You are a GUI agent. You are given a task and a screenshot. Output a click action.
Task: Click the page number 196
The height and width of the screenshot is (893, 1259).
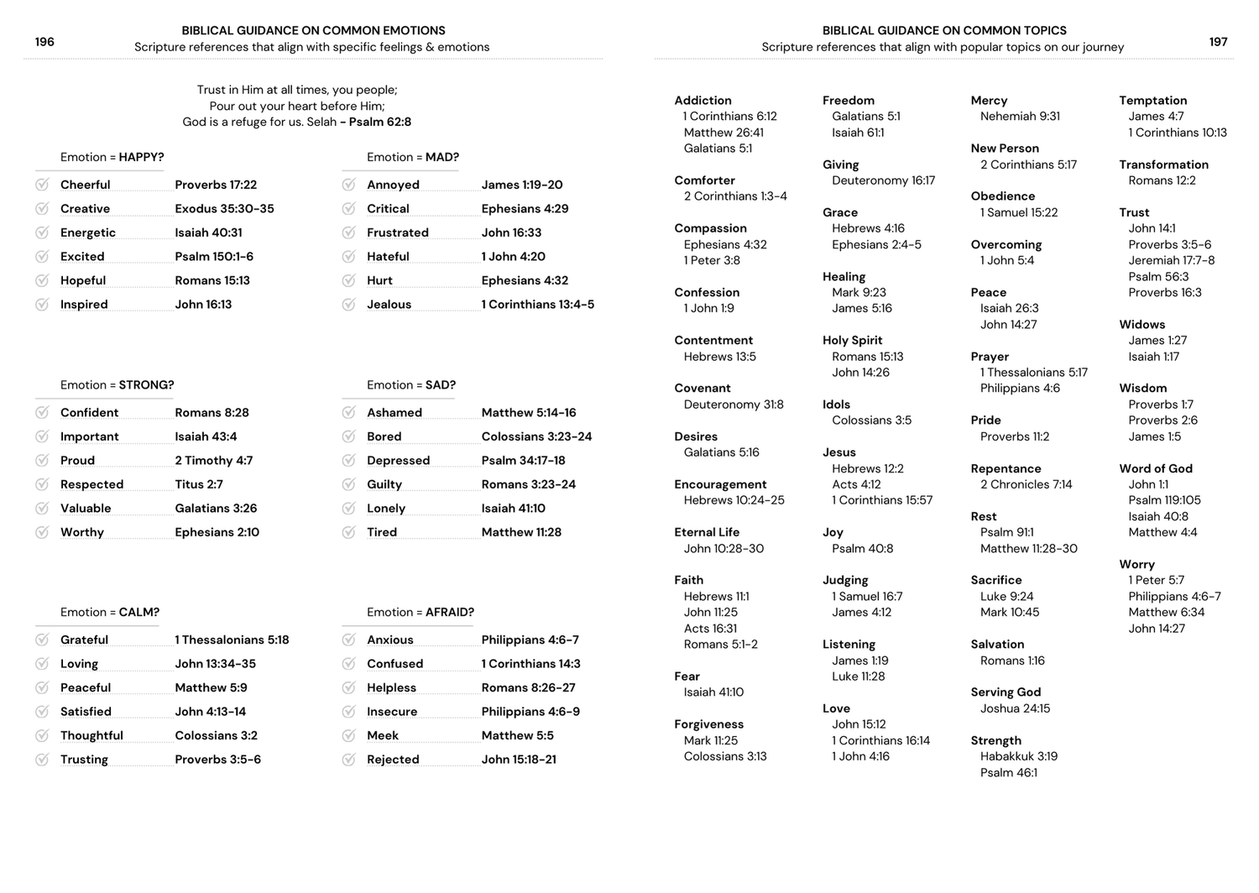pyautogui.click(x=44, y=42)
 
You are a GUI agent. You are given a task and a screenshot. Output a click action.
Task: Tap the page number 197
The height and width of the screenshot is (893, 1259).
pyautogui.click(x=1218, y=42)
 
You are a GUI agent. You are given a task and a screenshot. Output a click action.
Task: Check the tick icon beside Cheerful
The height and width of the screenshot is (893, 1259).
pyautogui.click(x=42, y=185)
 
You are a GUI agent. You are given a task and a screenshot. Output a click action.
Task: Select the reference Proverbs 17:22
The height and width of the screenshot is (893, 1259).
pyautogui.click(x=216, y=185)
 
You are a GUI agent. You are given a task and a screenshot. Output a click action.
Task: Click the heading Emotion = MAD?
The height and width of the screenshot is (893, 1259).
pyautogui.click(x=413, y=157)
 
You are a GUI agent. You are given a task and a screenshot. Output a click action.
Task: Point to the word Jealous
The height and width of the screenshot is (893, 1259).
pyautogui.click(x=389, y=305)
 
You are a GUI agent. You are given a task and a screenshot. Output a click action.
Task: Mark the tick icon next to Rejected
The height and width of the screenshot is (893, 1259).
pyautogui.click(x=348, y=760)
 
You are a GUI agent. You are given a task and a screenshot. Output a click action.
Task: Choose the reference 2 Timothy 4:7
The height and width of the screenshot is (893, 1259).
pyautogui.click(x=213, y=461)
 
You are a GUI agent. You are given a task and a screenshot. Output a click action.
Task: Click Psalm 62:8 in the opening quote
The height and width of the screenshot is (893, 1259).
pyautogui.click(x=380, y=122)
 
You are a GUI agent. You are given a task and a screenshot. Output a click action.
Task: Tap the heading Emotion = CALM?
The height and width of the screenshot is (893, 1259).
pyautogui.click(x=110, y=613)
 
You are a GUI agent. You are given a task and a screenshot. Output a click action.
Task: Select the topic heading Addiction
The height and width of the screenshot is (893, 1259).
pyautogui.click(x=703, y=101)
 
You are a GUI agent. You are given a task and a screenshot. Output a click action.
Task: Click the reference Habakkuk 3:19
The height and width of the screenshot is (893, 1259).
pyautogui.click(x=1018, y=756)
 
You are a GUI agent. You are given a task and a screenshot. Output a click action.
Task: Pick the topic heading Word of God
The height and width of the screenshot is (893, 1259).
pyautogui.click(x=1155, y=469)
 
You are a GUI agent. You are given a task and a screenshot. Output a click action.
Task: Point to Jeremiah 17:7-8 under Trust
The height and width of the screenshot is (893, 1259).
pyautogui.click(x=1171, y=260)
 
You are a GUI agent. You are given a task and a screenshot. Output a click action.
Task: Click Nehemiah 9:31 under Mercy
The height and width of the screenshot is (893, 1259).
pyautogui.click(x=1020, y=117)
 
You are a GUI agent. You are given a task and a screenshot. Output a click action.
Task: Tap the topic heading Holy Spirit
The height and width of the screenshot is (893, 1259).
pyautogui.click(x=852, y=341)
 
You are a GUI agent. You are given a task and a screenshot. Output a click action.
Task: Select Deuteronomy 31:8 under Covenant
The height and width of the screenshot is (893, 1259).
pyautogui.click(x=733, y=405)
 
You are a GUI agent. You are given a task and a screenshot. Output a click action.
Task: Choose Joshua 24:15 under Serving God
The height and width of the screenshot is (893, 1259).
pyautogui.click(x=1015, y=708)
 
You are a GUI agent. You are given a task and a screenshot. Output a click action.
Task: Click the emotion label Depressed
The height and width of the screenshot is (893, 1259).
pyautogui.click(x=398, y=461)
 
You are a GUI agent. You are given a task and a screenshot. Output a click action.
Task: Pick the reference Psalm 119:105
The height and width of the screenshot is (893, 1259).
pyautogui.click(x=1164, y=500)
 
